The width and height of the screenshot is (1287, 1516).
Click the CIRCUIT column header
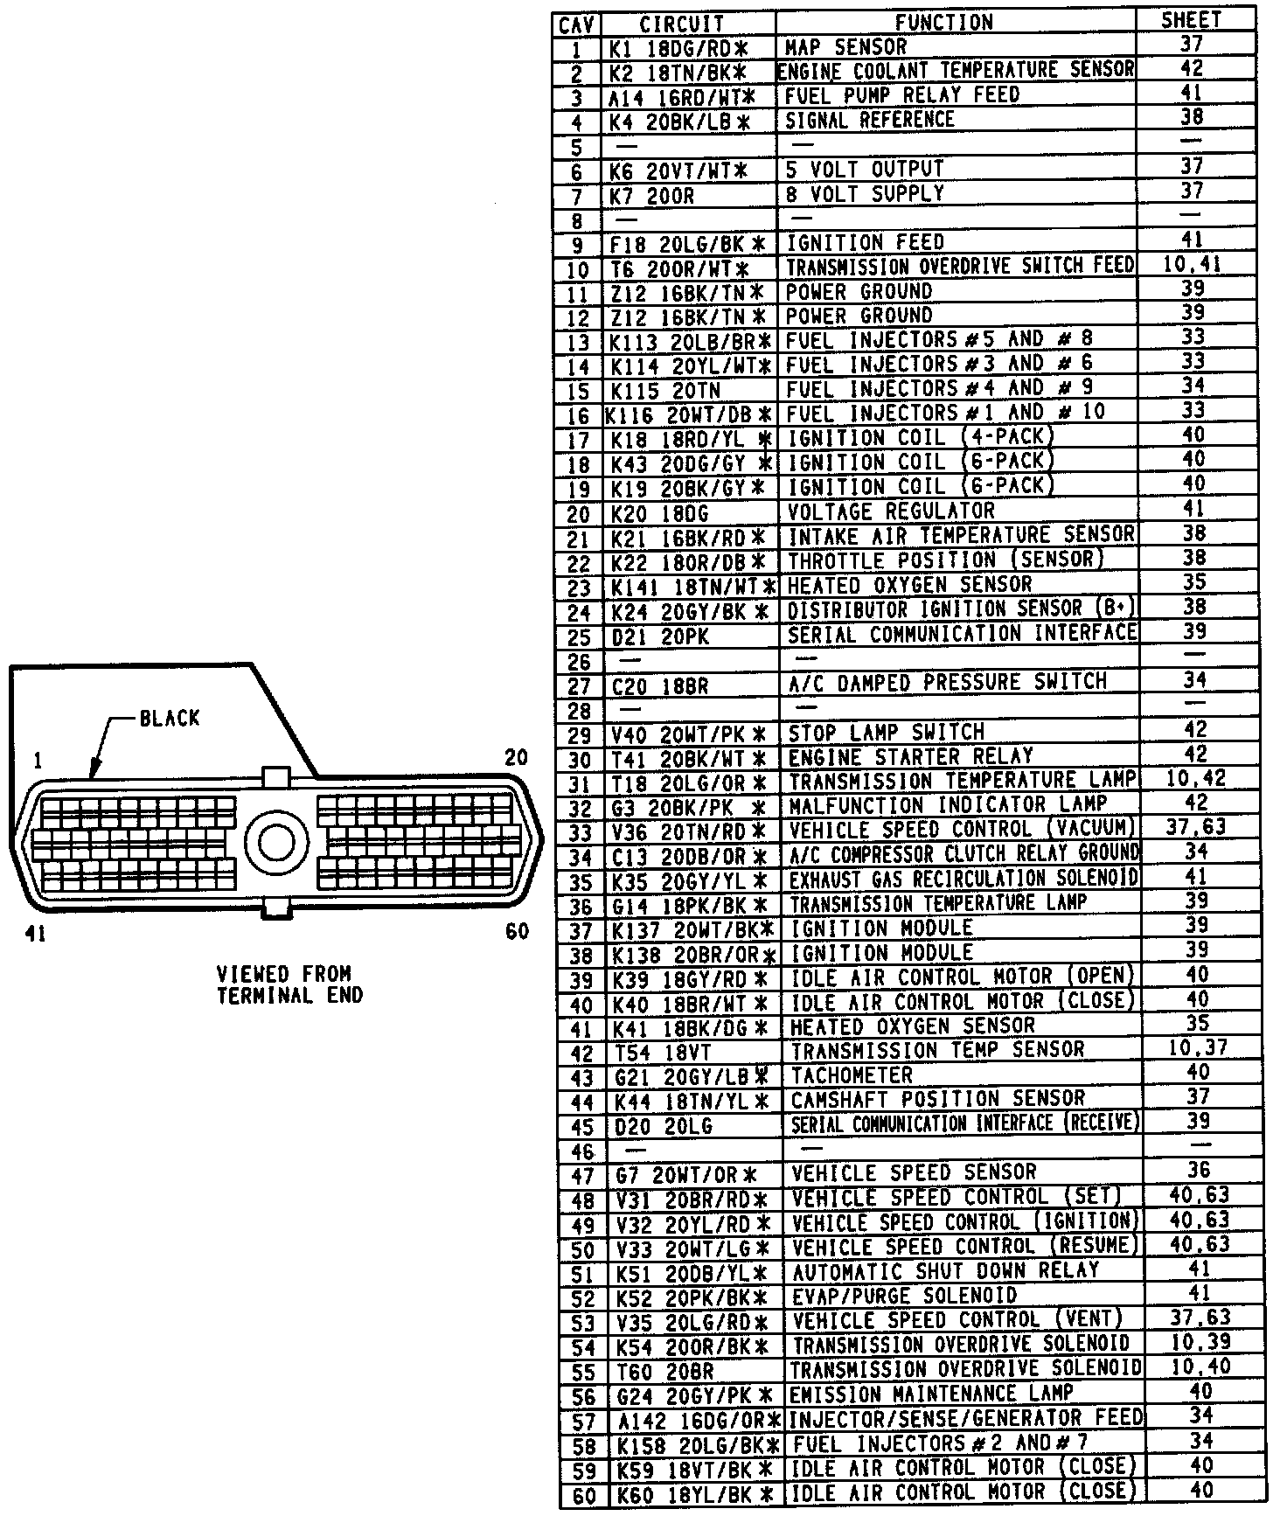[x=682, y=24]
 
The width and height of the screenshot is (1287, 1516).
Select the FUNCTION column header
[x=944, y=23]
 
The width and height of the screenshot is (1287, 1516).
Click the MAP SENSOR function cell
[x=846, y=46]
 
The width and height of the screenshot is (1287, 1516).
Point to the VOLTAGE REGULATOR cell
[x=891, y=511]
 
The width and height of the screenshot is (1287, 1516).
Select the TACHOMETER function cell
[x=852, y=1075]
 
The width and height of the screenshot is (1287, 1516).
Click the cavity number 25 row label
[x=579, y=637]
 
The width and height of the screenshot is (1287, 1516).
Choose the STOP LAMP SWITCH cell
[x=887, y=733]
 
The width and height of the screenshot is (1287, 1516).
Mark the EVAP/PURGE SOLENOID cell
[x=904, y=1296]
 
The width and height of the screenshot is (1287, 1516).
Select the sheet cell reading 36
[x=1199, y=1170]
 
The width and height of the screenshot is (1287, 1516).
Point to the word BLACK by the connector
[x=170, y=719]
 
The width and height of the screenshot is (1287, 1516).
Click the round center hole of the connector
[x=277, y=842]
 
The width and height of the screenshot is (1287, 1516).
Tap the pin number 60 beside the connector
[x=517, y=932]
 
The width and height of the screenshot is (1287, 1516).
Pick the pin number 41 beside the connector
[x=35, y=935]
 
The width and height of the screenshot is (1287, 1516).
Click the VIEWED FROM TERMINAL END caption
[x=289, y=984]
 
